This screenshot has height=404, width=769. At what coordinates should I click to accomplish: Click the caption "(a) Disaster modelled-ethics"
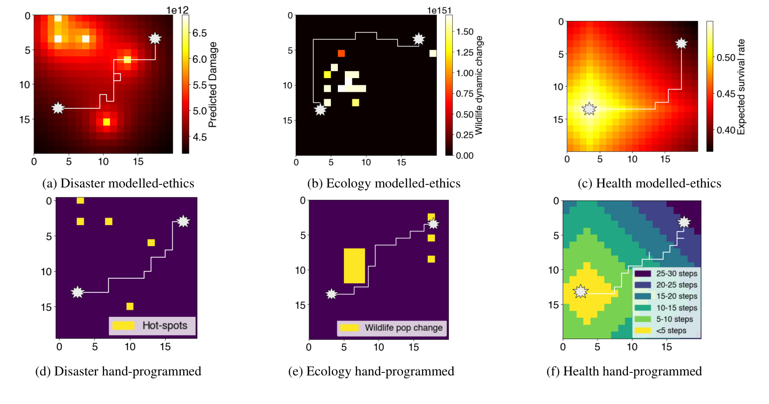[118, 183]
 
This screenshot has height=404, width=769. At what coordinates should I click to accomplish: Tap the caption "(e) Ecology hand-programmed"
[371, 371]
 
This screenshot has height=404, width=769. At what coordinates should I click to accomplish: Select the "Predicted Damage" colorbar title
[213, 84]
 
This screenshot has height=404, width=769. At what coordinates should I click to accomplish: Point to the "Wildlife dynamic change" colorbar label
[479, 85]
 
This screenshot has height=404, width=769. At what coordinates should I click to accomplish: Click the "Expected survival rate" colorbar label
[741, 87]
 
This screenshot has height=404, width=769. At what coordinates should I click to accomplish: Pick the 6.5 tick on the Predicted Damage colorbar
[200, 33]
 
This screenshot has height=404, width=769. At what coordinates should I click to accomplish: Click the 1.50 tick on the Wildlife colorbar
[465, 32]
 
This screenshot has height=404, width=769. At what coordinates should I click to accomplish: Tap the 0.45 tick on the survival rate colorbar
[726, 94]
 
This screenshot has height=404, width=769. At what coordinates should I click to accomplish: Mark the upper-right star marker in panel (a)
[155, 39]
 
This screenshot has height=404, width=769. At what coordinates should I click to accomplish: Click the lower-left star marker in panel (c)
[589, 108]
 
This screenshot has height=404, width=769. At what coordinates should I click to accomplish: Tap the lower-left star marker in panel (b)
[320, 110]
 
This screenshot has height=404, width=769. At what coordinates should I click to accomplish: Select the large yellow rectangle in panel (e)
[354, 266]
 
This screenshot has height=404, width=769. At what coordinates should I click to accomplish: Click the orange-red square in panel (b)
[341, 54]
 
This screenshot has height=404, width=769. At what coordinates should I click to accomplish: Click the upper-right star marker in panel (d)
[183, 221]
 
